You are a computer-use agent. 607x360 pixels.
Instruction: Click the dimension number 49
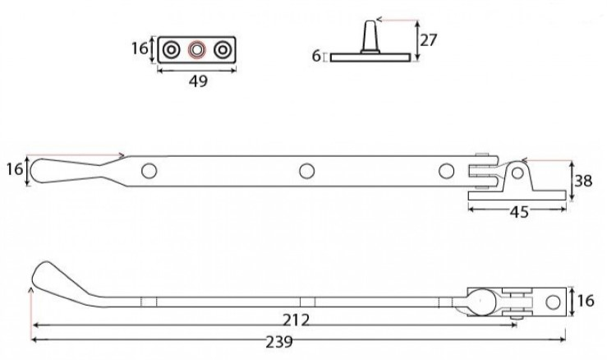pyautogui.click(x=198, y=81)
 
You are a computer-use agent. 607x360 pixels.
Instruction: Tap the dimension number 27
pyautogui.click(x=429, y=40)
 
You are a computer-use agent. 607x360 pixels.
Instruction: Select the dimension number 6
pyautogui.click(x=316, y=56)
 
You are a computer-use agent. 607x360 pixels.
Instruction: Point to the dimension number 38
pyautogui.click(x=583, y=181)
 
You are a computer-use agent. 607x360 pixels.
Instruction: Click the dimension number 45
pyautogui.click(x=519, y=212)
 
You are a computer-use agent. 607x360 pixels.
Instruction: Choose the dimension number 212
pyautogui.click(x=297, y=320)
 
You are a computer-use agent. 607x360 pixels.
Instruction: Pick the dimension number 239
pyautogui.click(x=279, y=342)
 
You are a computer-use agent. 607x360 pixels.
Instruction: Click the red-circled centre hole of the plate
pyautogui.click(x=196, y=50)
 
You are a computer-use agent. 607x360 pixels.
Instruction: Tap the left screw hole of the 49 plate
pyautogui.click(x=171, y=50)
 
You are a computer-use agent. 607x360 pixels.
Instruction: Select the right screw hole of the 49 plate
pyautogui.click(x=223, y=50)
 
